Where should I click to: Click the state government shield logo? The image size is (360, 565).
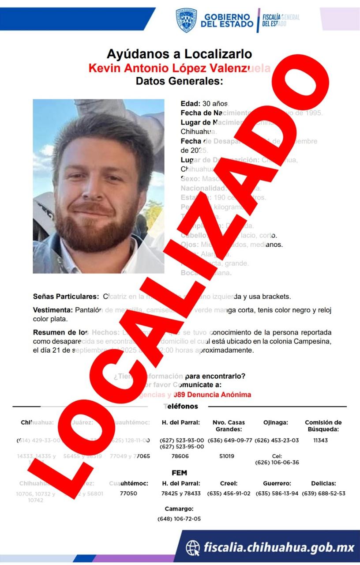[186, 20]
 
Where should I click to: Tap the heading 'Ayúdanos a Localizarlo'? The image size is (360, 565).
[179, 54]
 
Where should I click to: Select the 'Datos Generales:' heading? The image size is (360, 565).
[179, 81]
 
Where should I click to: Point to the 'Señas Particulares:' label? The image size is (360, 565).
[66, 297]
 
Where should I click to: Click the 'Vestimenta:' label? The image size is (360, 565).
[52, 310]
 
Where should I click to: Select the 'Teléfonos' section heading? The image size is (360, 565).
[181, 406]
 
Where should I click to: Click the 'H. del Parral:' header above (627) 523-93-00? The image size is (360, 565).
[181, 422]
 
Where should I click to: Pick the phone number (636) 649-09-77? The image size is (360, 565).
[230, 440]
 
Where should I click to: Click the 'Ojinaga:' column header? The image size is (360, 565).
[276, 422]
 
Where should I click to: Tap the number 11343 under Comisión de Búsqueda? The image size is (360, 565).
[321, 440]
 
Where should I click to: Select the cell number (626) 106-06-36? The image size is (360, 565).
[277, 462]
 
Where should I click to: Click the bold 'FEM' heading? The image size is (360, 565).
[179, 473]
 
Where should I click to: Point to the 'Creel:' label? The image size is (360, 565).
[229, 483]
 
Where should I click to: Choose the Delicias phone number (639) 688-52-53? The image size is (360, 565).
[323, 493]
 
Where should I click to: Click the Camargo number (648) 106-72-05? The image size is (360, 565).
[179, 519]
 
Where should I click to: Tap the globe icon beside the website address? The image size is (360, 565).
[192, 548]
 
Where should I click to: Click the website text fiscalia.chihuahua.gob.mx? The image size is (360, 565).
[279, 548]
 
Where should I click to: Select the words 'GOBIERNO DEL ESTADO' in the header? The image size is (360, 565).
[227, 20]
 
